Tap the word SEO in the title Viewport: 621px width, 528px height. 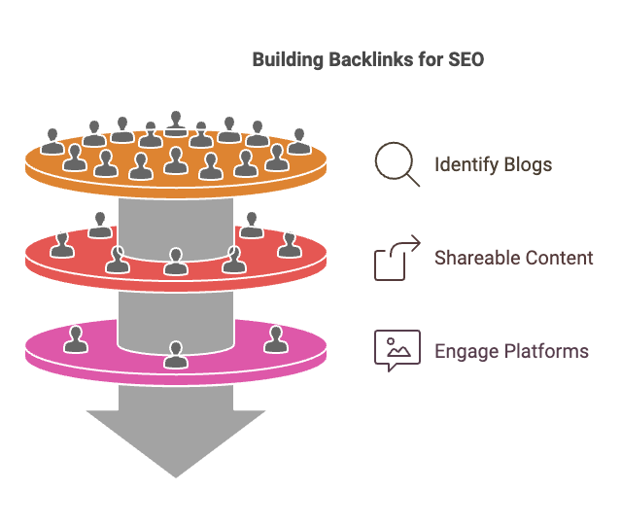tap(463, 60)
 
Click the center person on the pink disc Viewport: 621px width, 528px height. tap(175, 355)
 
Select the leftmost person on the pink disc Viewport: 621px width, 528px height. tap(76, 339)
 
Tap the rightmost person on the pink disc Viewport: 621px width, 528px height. tap(275, 339)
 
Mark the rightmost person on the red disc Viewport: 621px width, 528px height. tap(289, 244)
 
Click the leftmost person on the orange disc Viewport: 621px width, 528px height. tap(52, 141)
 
